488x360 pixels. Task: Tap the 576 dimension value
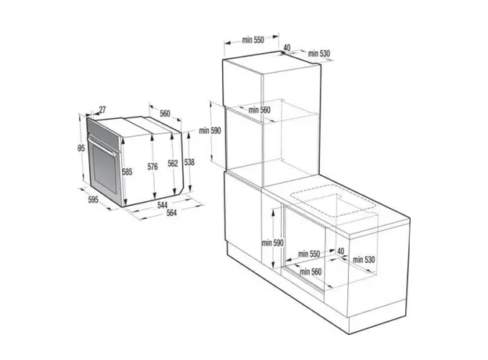(x=153, y=166)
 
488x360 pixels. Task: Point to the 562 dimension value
(x=173, y=163)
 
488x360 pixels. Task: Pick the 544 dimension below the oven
(x=163, y=205)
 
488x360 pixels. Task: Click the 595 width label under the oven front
(x=94, y=201)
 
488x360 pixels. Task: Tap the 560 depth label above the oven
(x=165, y=113)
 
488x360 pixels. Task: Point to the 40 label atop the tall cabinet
(x=287, y=48)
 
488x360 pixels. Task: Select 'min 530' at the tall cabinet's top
(x=319, y=53)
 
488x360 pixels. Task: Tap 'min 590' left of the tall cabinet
(x=210, y=131)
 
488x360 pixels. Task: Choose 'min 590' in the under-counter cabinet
(x=272, y=243)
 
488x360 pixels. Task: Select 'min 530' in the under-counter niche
(x=364, y=259)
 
